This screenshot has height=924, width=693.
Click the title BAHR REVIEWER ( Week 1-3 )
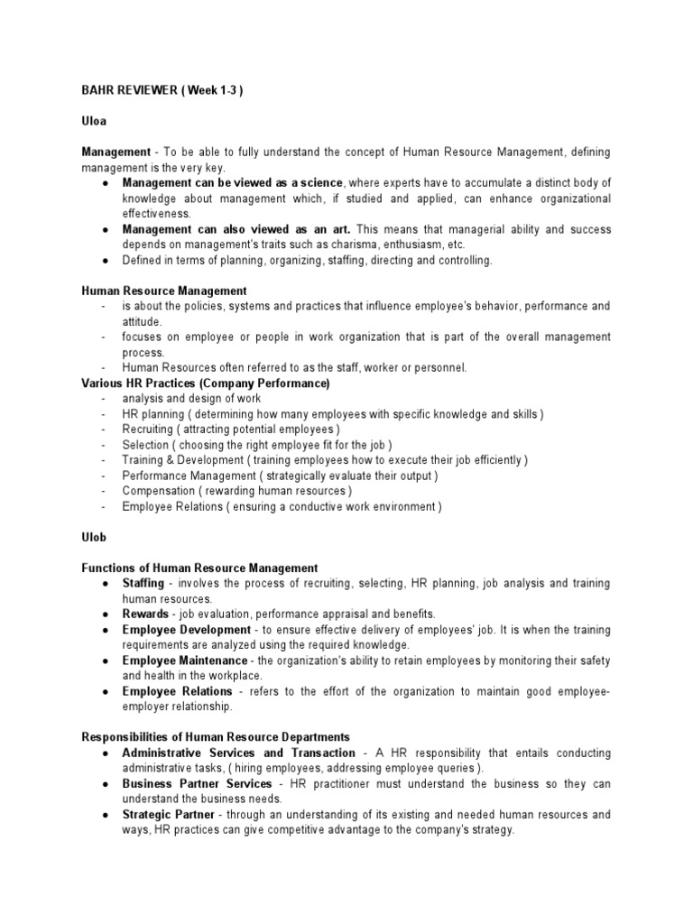[x=162, y=92]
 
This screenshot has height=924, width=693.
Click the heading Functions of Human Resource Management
[x=199, y=568]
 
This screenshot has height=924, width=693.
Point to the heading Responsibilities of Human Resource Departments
[x=216, y=737]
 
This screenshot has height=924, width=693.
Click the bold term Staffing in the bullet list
[x=143, y=584]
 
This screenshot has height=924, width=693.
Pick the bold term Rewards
[x=145, y=614]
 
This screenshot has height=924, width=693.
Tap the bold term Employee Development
[x=187, y=629]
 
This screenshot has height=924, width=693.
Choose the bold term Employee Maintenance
[x=185, y=661]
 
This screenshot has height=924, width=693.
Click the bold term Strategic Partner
[x=168, y=814]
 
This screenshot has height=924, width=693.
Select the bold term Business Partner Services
[x=197, y=783]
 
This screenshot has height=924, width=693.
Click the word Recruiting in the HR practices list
[x=146, y=430]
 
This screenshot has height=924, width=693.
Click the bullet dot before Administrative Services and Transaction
[x=106, y=753]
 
